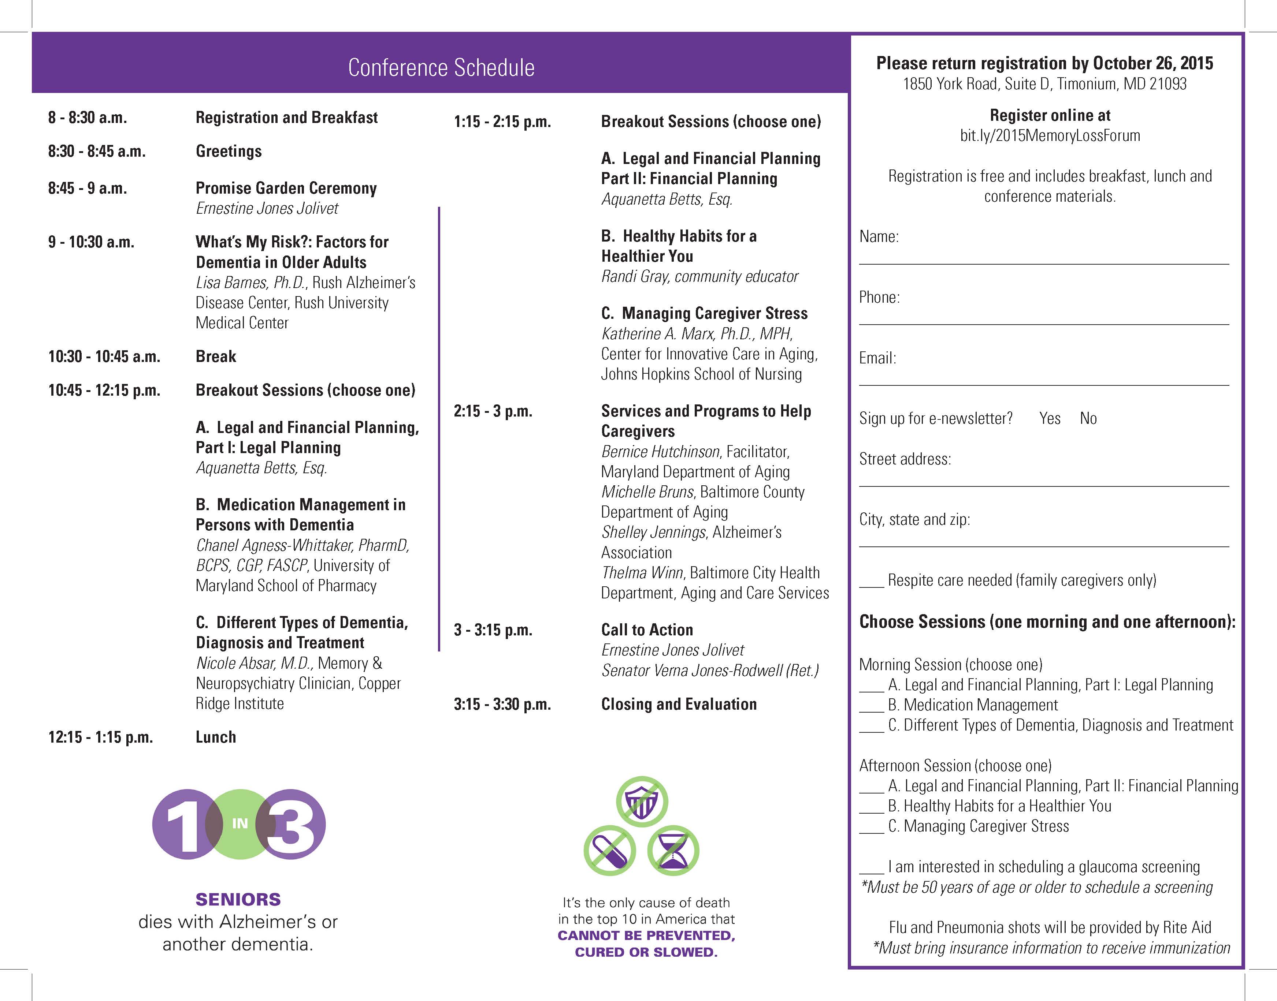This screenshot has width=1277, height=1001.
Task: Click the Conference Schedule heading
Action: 441,67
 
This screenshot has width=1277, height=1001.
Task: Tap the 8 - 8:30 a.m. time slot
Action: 88,118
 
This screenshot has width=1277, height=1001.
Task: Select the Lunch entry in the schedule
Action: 216,737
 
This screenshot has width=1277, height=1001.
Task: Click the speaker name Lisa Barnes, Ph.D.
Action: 251,283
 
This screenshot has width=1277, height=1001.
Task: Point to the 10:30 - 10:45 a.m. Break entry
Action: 216,356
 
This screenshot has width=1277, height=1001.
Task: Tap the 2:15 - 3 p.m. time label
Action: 493,411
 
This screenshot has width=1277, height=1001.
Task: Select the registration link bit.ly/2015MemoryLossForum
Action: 1050,135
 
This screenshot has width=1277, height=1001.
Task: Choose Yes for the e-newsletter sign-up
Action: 1050,418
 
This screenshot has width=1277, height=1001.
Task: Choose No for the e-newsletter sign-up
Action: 1088,418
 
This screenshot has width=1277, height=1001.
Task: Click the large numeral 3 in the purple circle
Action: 292,824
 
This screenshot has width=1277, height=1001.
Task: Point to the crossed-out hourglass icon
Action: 673,851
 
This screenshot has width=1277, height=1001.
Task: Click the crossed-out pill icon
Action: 610,851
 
